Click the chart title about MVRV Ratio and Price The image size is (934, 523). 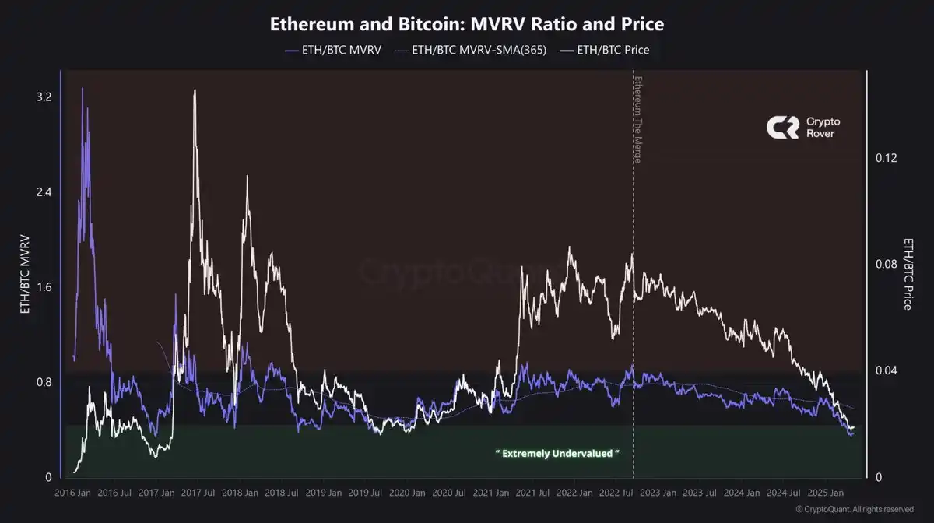tap(466, 24)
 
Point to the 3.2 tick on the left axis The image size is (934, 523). tap(44, 97)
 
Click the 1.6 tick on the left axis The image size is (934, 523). tap(44, 287)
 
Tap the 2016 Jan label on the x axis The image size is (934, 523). tap(73, 493)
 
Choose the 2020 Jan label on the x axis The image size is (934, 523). tap(407, 493)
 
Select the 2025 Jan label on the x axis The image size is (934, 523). tap(825, 493)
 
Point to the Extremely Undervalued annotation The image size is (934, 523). tap(557, 452)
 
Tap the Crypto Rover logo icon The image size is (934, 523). tap(782, 128)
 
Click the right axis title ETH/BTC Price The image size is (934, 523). tap(908, 274)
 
